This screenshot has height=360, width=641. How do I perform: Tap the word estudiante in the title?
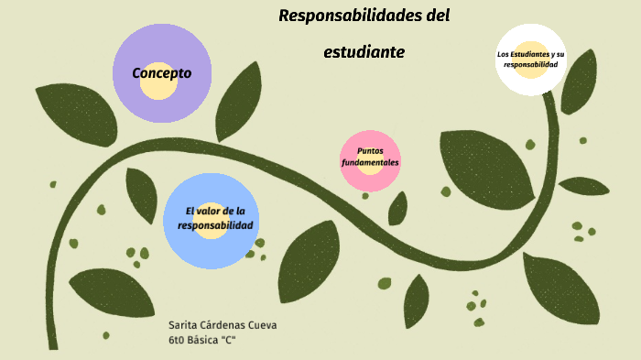pos(364,52)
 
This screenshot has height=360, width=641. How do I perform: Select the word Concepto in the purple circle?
pos(161,73)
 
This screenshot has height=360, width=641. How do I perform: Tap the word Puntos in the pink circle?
pos(370,150)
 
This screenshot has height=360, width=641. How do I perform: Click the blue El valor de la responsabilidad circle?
pos(211,221)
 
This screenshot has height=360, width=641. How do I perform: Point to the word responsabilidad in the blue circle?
pos(215,225)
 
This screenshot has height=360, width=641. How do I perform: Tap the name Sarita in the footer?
pos(184,326)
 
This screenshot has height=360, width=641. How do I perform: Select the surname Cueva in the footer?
pos(264,326)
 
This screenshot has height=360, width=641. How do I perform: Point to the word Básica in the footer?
pos(207,340)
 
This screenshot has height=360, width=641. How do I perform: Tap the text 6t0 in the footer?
pos(178,340)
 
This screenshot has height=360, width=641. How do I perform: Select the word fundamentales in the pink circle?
pos(370,162)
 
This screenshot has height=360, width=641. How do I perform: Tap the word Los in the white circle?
pos(503,55)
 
